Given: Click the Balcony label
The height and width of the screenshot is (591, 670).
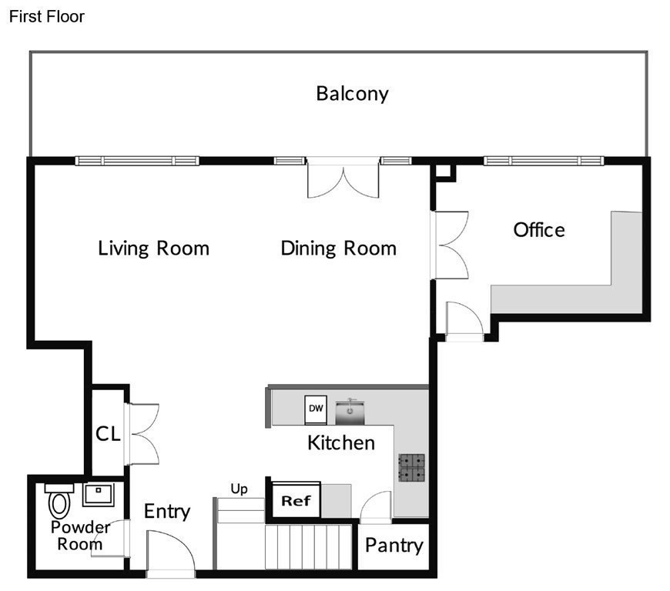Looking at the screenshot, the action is click(352, 94).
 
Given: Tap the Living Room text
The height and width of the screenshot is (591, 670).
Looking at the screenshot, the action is click(154, 249).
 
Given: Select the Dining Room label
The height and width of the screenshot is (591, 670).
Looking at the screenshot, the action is click(338, 249).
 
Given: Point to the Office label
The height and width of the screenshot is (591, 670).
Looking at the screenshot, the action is click(539, 230).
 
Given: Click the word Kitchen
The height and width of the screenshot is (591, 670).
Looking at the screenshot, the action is click(341, 442).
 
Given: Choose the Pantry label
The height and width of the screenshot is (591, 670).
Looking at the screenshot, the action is click(394, 546).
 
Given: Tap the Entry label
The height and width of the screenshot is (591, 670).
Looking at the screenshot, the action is click(167, 512).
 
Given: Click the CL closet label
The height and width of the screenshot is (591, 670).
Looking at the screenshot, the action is click(108, 434).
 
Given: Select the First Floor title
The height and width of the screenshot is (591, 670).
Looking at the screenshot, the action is click(46, 17).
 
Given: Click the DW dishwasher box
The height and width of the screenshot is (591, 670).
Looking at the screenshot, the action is click(316, 410).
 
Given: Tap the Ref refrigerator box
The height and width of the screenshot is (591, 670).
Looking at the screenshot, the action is click(296, 500).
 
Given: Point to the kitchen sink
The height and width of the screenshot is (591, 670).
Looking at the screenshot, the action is click(350, 412).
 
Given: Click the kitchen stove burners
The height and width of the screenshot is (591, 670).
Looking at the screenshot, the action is click(412, 468).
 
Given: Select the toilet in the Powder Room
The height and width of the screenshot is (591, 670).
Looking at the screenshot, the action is click(59, 501).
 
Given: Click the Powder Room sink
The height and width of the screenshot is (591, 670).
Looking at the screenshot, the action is click(99, 495).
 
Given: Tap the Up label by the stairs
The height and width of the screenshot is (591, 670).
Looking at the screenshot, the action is click(239, 489).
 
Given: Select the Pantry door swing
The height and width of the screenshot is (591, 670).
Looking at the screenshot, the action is click(376, 507).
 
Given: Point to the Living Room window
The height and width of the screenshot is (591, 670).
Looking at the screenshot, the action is click(137, 161).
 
